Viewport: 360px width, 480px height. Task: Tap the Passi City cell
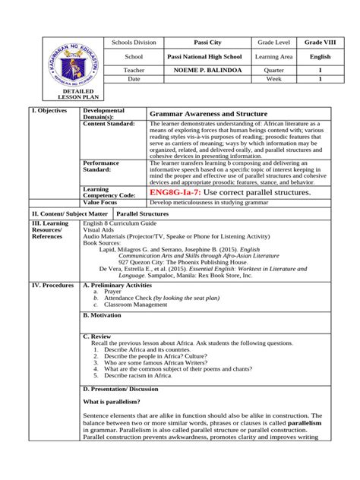click(x=202, y=43)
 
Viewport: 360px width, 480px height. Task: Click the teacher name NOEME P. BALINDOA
click(x=202, y=68)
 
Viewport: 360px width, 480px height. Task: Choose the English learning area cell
click(x=319, y=56)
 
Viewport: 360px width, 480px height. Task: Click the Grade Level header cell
click(x=271, y=43)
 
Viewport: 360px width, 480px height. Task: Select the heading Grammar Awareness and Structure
click(x=204, y=112)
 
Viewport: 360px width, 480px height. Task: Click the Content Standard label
click(x=109, y=123)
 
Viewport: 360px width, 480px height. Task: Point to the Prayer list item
click(x=112, y=292)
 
